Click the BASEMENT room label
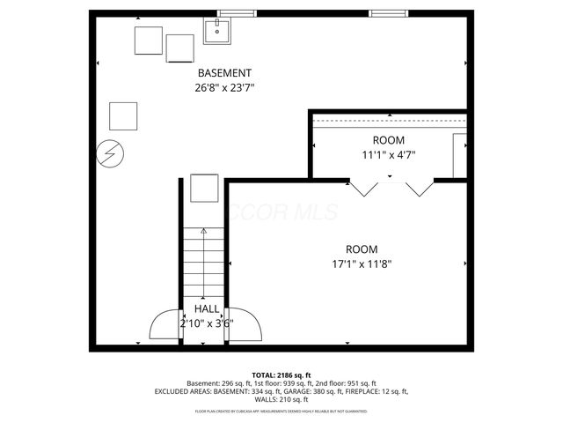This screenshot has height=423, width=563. tap(224, 73)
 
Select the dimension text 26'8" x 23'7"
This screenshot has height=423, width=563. tap(224, 87)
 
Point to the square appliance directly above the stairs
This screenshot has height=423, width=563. tap(204, 189)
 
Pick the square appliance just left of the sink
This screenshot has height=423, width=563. tap(180, 48)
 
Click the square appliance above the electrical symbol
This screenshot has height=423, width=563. tap(123, 115)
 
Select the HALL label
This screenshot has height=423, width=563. tap(207, 309)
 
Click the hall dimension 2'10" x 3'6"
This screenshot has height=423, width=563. tap(207, 323)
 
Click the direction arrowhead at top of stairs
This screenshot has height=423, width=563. tap(204, 231)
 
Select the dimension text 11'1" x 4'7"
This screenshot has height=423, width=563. tap(388, 155)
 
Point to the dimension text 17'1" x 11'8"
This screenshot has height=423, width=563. tap(362, 263)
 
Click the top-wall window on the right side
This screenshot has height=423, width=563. tap(387, 12)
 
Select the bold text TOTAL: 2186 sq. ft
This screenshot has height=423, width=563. tap(281, 375)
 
